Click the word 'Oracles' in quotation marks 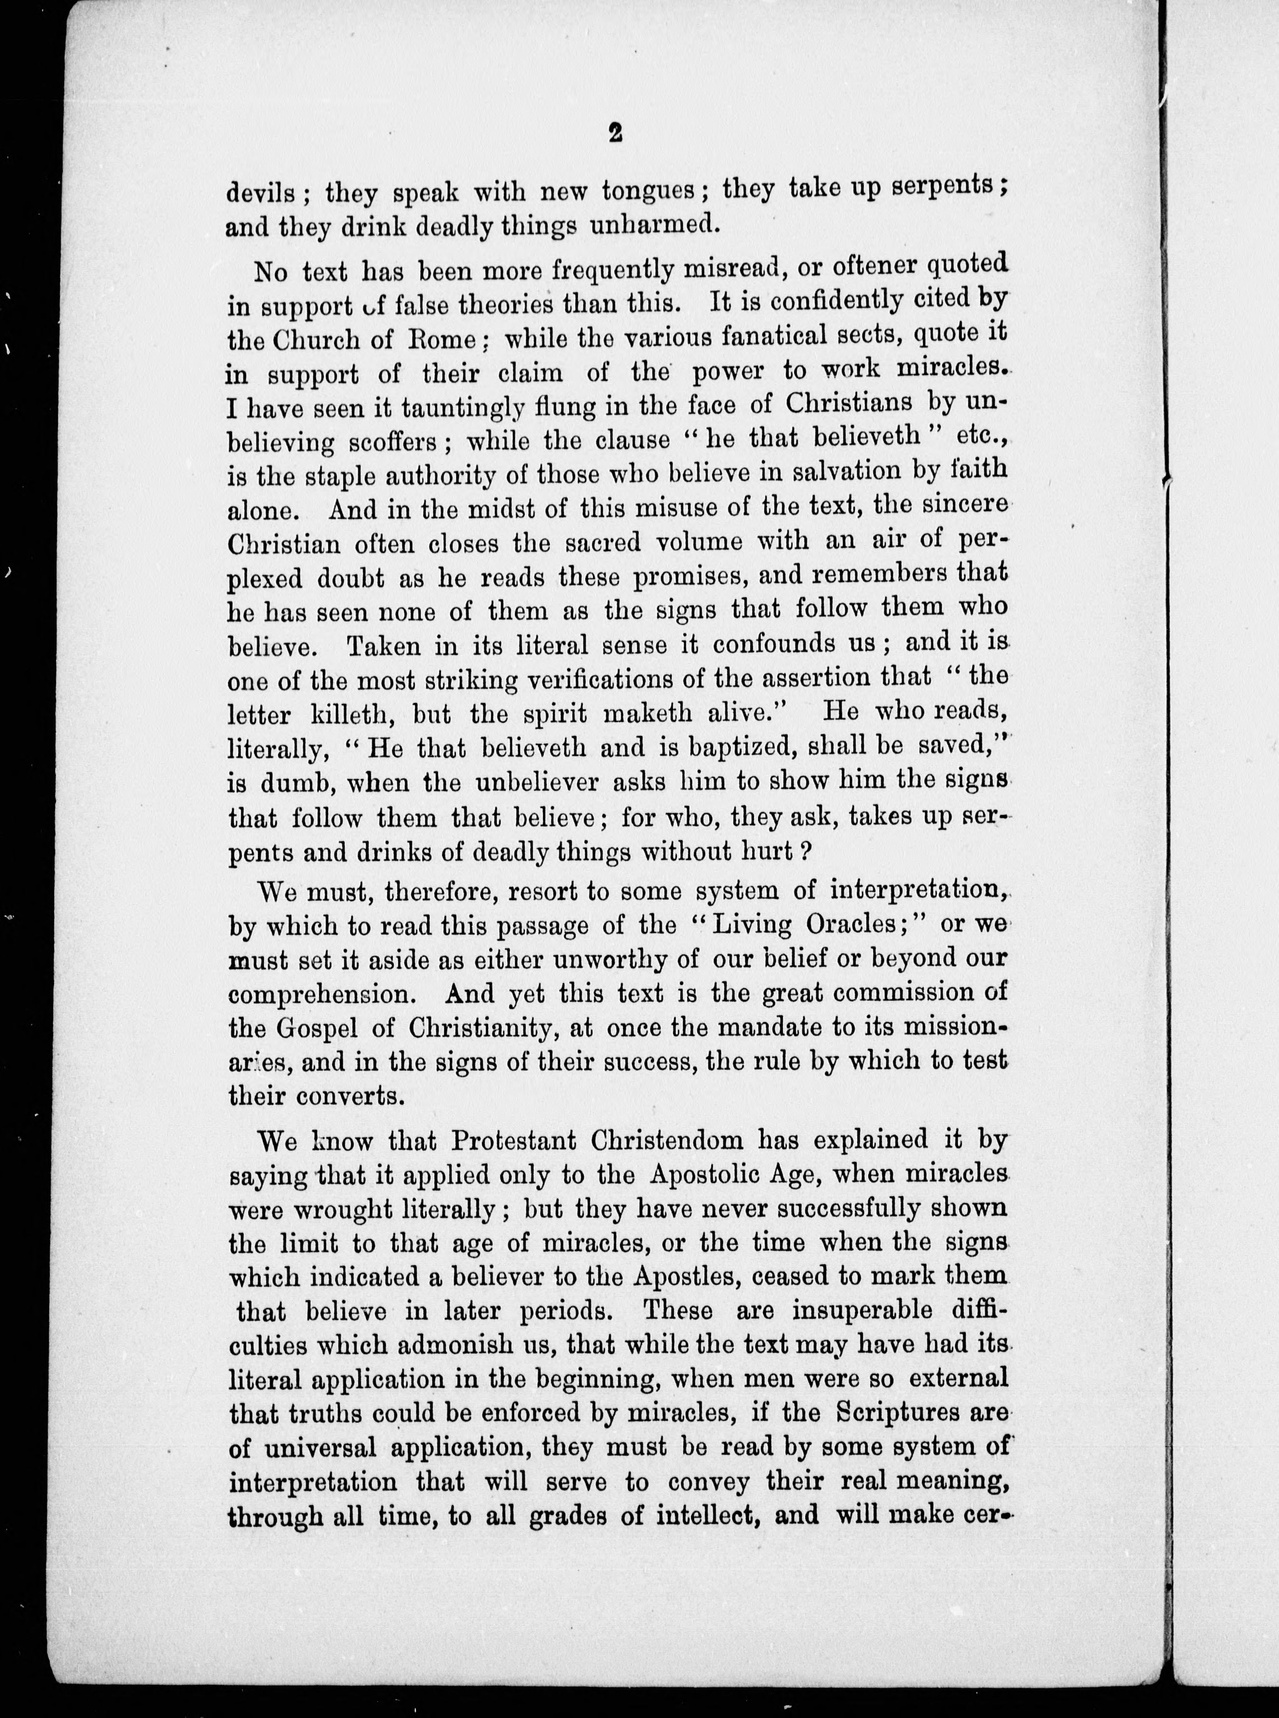(859, 925)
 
